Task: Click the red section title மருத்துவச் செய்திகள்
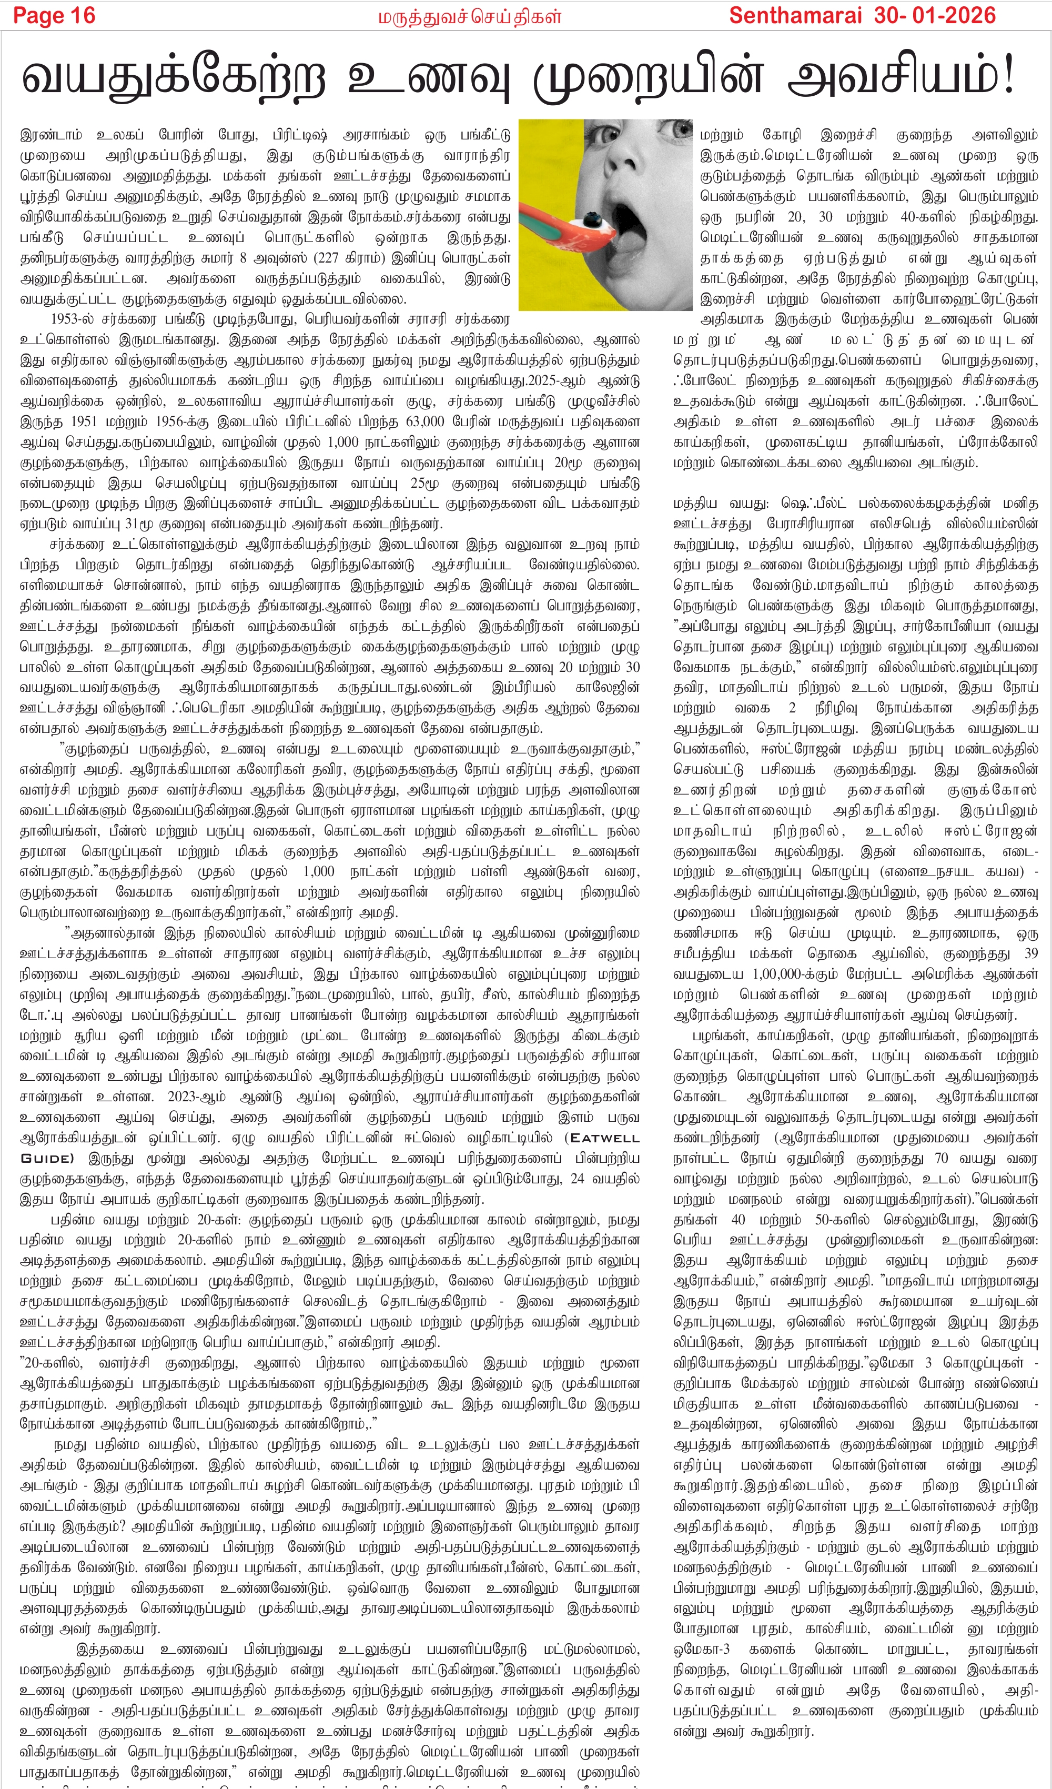tap(469, 16)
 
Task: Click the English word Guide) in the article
tap(47, 1158)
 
